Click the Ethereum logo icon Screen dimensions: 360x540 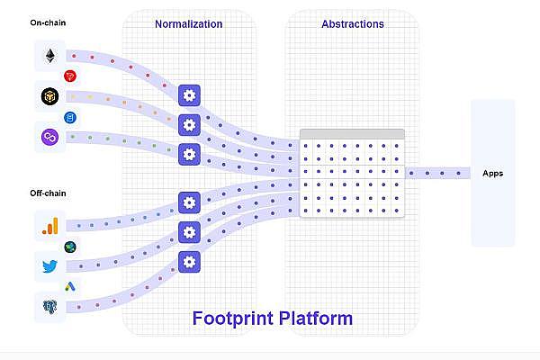click(49, 57)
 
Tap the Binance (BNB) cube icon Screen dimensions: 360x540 click(49, 95)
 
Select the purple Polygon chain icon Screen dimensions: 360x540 click(49, 137)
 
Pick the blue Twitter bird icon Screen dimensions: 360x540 click(49, 266)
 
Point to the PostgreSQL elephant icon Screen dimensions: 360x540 click(49, 306)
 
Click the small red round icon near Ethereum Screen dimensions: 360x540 click(70, 76)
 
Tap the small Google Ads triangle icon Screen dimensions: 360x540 click(70, 286)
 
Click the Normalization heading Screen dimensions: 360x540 click(188, 24)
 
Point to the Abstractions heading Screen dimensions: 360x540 click(353, 24)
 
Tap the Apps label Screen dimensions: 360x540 click(492, 174)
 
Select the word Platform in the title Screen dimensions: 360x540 click(317, 319)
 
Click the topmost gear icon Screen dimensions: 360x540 click(188, 95)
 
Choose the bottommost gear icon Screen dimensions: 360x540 click(188, 262)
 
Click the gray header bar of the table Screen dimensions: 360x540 click(353, 134)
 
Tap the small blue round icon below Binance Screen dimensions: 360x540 click(70, 117)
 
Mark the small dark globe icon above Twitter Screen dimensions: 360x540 click(70, 247)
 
